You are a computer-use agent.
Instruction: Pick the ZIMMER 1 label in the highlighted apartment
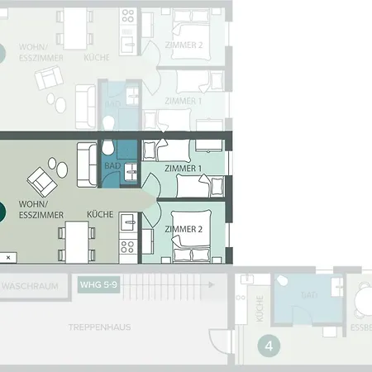(184, 169)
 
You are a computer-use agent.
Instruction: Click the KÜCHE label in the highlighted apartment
(100, 214)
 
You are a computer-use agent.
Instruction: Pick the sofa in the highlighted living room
(85, 165)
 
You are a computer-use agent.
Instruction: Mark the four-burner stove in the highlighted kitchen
(127, 246)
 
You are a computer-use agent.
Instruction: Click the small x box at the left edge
(8, 258)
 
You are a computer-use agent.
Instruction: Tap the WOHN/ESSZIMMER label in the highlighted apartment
(34, 208)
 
